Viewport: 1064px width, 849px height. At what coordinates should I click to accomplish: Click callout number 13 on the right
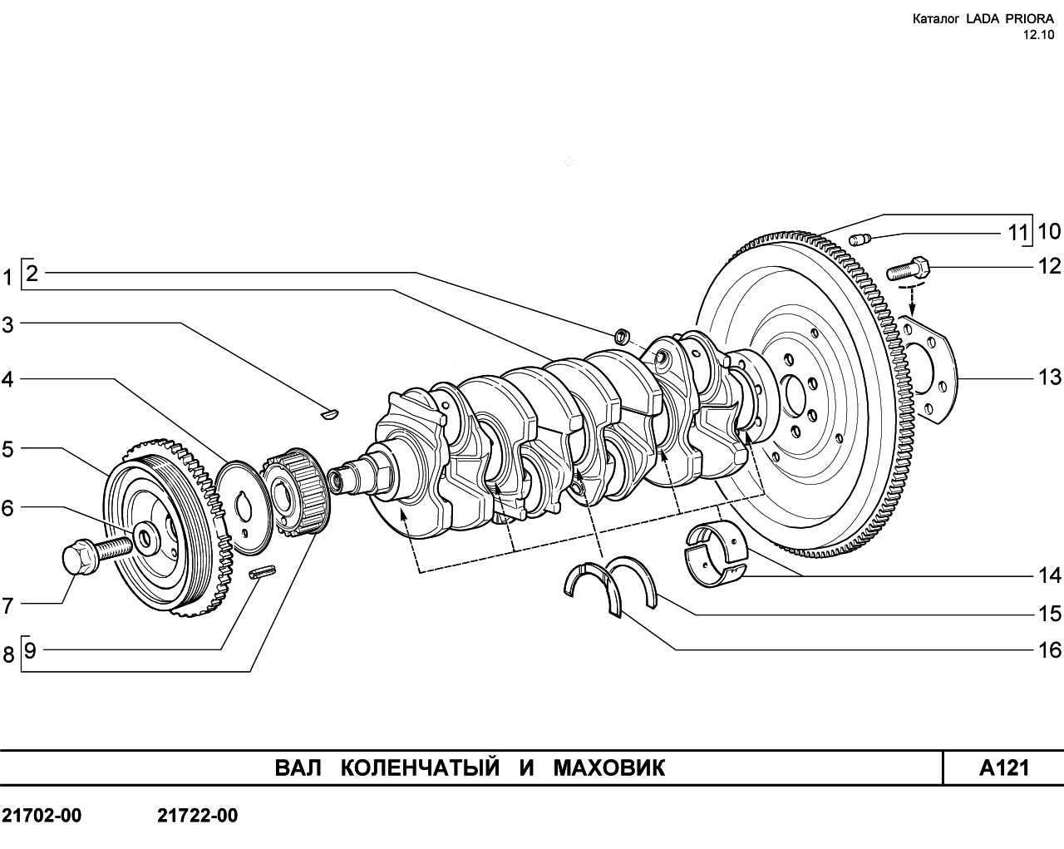(1049, 378)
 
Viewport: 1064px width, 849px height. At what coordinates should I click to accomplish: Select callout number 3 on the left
(7, 325)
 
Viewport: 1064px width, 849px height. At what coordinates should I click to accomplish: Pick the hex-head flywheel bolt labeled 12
(907, 269)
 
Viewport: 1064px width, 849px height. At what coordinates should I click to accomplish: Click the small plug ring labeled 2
(622, 337)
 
